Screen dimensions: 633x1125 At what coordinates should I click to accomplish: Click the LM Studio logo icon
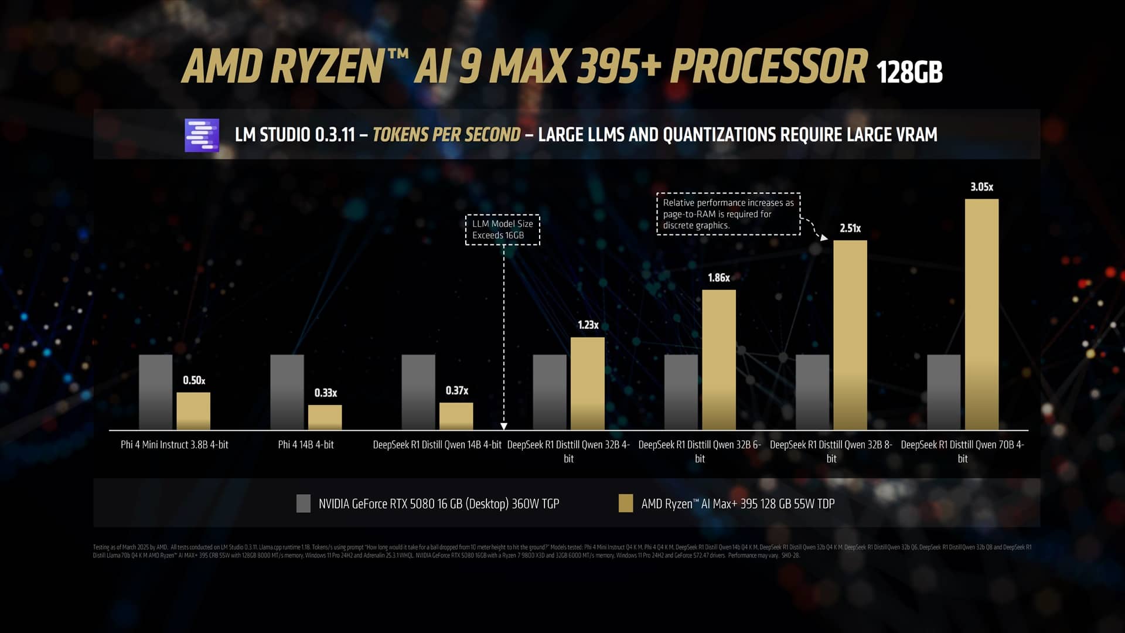pos(202,135)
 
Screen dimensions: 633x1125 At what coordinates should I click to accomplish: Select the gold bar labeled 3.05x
pos(981,314)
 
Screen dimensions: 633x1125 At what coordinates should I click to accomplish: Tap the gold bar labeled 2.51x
pos(850,335)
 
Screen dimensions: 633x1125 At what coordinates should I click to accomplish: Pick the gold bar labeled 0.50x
pos(193,411)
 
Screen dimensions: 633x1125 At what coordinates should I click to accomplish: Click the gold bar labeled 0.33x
pos(325,417)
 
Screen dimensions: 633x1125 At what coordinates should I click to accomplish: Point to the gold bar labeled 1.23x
pos(587,383)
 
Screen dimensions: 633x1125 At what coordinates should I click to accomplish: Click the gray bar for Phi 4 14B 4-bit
pos(287,392)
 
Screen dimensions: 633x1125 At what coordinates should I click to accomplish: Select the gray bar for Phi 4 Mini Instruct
pos(155,392)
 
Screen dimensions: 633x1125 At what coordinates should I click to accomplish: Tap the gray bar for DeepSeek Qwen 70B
pos(943,392)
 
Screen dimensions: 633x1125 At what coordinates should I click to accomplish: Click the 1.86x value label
pos(718,278)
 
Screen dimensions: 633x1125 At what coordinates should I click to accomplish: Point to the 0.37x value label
pos(456,390)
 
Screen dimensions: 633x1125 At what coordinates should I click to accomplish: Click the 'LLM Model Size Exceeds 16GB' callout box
pos(502,229)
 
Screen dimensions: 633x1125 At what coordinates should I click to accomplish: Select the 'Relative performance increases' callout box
pos(728,214)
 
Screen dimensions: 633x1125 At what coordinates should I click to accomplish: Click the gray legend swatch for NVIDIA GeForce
pos(303,503)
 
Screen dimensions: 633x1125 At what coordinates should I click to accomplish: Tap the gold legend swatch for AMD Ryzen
pos(625,503)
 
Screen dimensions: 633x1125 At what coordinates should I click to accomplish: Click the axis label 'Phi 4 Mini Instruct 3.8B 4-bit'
pos(174,445)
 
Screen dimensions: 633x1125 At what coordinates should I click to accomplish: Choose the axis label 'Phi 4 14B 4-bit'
pos(305,445)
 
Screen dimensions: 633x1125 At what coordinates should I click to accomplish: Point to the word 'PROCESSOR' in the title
pos(768,67)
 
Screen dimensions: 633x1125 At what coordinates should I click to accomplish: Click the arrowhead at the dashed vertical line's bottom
pos(504,426)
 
